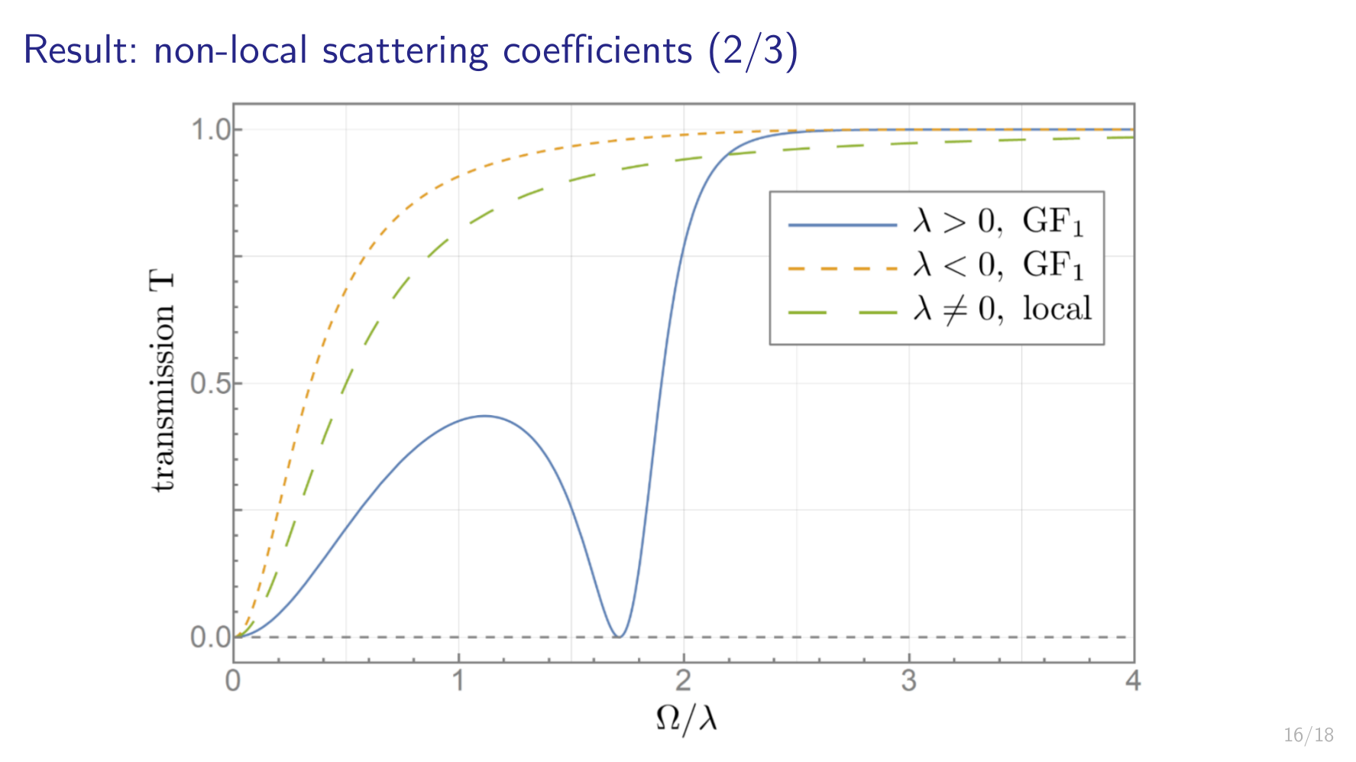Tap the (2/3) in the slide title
click(x=752, y=50)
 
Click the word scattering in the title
click(x=404, y=50)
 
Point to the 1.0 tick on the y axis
click(x=210, y=130)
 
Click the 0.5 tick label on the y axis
click(x=210, y=384)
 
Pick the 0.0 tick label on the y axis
click(x=210, y=637)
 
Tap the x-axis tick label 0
click(x=233, y=680)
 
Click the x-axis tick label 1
click(x=458, y=680)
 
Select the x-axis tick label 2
click(x=684, y=680)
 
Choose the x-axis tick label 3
click(x=908, y=680)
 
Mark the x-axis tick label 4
click(x=1133, y=680)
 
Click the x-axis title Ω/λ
click(x=686, y=718)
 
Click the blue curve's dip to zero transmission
click(x=619, y=636)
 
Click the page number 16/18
click(x=1308, y=735)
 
